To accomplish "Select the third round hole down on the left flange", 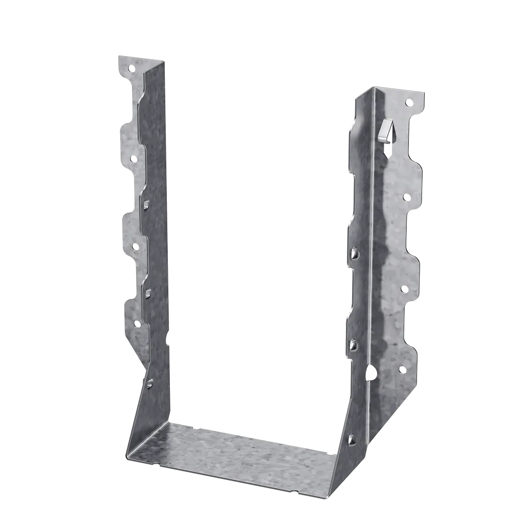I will (135, 247).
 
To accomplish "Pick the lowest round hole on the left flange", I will (137, 323).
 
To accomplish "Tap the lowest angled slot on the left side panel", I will (149, 382).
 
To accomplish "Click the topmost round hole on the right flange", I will (408, 103).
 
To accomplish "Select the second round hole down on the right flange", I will (406, 197).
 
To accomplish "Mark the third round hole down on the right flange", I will (404, 289).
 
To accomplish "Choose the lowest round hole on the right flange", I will (402, 369).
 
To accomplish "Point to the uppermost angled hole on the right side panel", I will (355, 252).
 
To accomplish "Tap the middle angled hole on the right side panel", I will (354, 345).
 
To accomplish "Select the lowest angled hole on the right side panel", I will (352, 439).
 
